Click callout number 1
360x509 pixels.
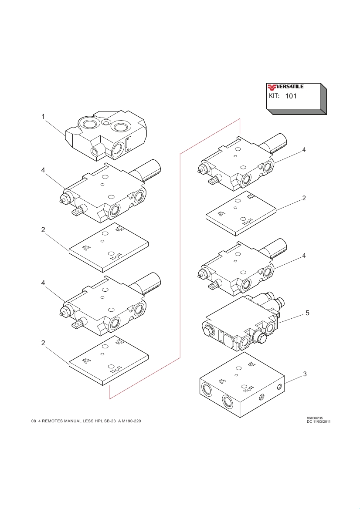[x=43, y=116]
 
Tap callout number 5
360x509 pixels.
[x=307, y=313]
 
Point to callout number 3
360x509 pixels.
[x=305, y=374]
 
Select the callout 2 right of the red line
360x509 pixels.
[x=304, y=198]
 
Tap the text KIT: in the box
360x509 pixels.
[x=274, y=95]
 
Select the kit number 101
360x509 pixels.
[x=291, y=96]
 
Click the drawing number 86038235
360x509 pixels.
[x=315, y=418]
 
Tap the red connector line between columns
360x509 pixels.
[x=180, y=261]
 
